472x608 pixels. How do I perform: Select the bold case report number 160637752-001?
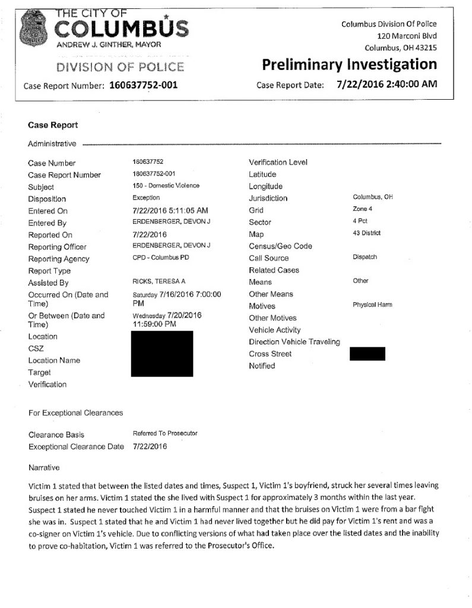click(144, 84)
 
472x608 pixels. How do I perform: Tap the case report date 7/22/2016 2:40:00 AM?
click(387, 84)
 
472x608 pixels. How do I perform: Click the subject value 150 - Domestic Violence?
click(166, 186)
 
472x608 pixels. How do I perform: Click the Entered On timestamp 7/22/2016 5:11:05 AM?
click(172, 210)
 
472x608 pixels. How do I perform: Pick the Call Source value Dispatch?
click(365, 257)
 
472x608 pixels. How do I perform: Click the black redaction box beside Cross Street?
click(368, 354)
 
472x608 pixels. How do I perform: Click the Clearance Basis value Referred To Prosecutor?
click(166, 433)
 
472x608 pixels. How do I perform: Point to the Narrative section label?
click(44, 468)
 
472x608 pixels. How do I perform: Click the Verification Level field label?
click(278, 162)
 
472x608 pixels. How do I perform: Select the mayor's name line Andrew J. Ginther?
click(108, 45)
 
